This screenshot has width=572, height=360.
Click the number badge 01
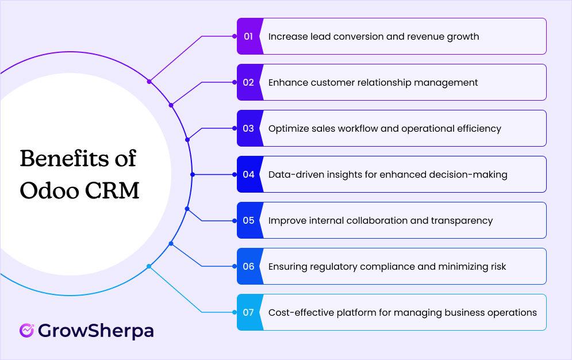point(248,36)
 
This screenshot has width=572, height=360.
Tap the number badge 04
point(248,174)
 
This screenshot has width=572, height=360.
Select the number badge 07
point(248,312)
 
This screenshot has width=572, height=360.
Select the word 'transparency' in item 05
point(463,220)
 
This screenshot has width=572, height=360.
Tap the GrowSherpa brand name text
point(96,331)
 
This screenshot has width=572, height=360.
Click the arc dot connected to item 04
point(193,174)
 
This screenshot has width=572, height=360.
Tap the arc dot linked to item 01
point(149,82)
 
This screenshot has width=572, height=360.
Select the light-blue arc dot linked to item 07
point(149,266)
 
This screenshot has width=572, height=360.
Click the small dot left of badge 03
point(235,128)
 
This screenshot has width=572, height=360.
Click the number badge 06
point(248,266)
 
